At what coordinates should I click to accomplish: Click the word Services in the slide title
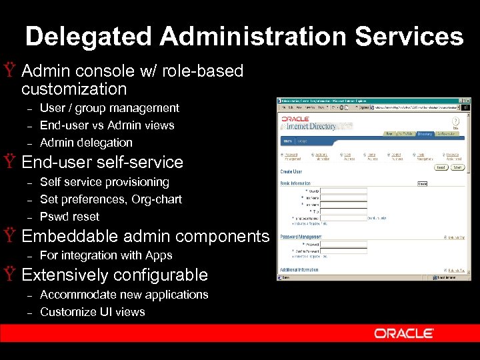(x=409, y=36)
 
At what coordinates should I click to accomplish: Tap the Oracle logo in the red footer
(x=404, y=333)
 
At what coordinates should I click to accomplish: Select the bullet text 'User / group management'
(x=109, y=108)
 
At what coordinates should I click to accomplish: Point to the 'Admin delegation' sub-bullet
(x=86, y=143)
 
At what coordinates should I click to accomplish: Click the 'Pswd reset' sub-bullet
(x=69, y=217)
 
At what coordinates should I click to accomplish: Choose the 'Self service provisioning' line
(x=105, y=182)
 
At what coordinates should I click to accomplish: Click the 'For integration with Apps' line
(x=106, y=255)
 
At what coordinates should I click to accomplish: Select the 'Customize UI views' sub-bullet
(x=92, y=312)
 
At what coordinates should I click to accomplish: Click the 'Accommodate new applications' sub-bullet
(x=124, y=295)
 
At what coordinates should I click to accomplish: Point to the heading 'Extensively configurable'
(x=115, y=275)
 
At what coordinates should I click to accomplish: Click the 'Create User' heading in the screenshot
(x=291, y=171)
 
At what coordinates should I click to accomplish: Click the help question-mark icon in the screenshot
(x=456, y=121)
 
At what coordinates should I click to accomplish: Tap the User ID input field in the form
(x=344, y=190)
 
